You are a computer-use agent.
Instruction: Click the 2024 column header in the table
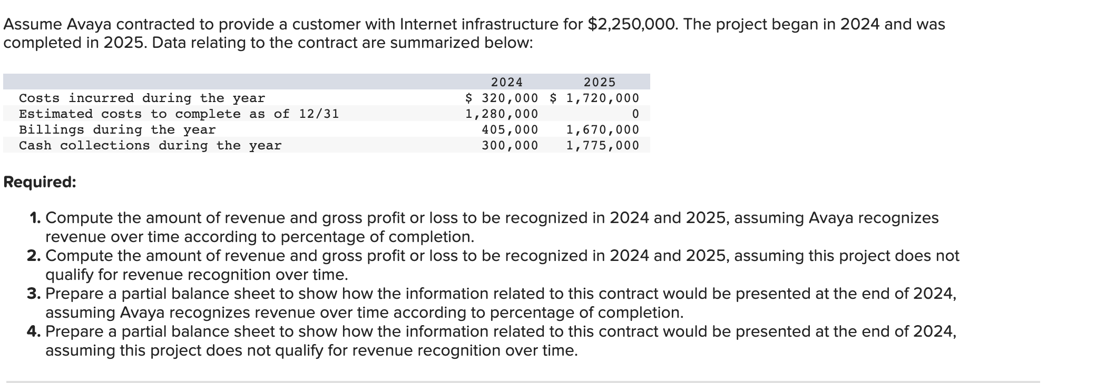pos(506,82)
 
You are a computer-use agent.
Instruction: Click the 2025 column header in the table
pos(599,82)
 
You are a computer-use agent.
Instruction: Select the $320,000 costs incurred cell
pos(502,98)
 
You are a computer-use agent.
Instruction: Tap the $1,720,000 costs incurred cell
pos(594,98)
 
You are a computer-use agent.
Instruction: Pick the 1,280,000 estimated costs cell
pos(501,114)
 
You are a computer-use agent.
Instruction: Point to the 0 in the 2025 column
pos(635,114)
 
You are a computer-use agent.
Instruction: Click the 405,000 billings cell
pos(510,130)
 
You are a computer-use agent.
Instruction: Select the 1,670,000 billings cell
pos(602,130)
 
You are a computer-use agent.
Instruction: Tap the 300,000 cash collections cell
pos(510,146)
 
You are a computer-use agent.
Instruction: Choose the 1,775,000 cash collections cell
pos(602,146)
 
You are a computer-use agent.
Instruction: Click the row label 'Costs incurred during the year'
pos(142,98)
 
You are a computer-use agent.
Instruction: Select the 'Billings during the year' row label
pos(117,130)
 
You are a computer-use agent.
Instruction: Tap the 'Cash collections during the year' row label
pos(150,146)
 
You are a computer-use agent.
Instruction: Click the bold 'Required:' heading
pos(40,182)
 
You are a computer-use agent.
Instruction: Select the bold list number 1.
pos(35,218)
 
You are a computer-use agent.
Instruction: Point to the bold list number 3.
pos(34,294)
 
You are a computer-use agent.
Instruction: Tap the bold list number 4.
pos(34,331)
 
